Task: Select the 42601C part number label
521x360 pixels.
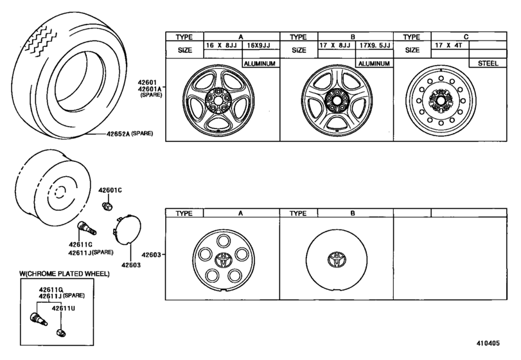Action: pos(110,191)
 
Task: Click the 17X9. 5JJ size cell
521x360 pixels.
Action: pos(374,46)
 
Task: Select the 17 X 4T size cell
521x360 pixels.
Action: pos(450,46)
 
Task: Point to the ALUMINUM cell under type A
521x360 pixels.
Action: pos(260,64)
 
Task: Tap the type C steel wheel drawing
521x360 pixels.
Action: pos(442,102)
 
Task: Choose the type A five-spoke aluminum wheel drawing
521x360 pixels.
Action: pos(222,102)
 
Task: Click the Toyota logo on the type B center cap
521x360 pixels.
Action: pos(335,260)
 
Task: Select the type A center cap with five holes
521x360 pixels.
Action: pos(222,260)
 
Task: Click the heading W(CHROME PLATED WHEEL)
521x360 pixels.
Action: pos(64,274)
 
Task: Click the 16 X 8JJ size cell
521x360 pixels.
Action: pos(222,46)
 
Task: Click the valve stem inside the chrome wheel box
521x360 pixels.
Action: pos(38,318)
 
